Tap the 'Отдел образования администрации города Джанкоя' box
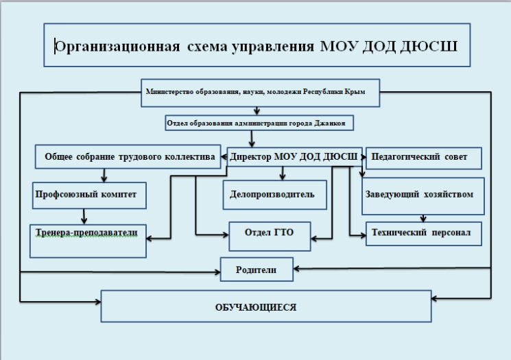point(260,123)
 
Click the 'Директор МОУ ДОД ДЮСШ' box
point(294,157)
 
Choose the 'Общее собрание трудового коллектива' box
point(128,157)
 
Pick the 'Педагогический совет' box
point(423,158)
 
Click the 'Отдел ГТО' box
point(269,233)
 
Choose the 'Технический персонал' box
point(422,232)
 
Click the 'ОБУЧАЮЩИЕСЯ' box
point(266,307)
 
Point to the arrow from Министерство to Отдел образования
point(256,110)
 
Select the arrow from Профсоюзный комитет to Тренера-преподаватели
point(84,216)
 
